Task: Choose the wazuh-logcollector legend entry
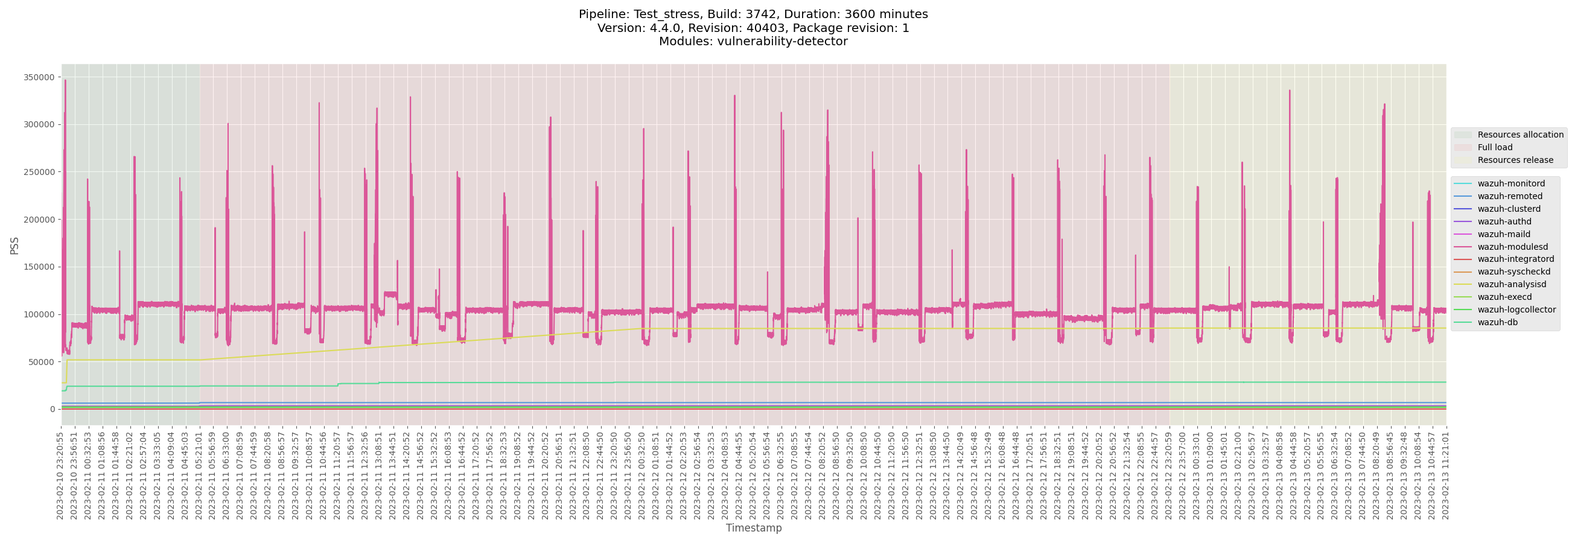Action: [1516, 310]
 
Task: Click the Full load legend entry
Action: [1495, 147]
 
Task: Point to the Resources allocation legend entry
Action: [1520, 135]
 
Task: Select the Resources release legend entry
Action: [1515, 160]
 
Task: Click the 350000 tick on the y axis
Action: [40, 77]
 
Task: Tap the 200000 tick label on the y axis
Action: [40, 220]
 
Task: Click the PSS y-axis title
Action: [14, 246]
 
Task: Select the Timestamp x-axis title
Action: [754, 528]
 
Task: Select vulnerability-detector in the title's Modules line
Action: [780, 42]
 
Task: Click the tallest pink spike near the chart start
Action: [65, 81]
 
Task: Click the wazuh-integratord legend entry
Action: [1515, 259]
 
